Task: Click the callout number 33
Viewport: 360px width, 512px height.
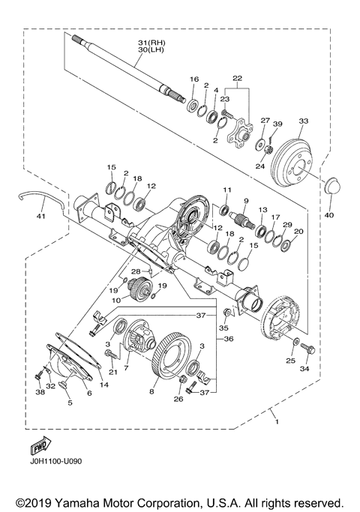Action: [304, 122]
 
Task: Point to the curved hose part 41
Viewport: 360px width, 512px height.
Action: [37, 198]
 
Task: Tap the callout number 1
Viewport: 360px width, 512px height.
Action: [274, 413]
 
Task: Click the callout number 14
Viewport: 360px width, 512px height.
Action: [102, 385]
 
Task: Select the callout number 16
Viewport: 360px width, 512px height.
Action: [193, 79]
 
